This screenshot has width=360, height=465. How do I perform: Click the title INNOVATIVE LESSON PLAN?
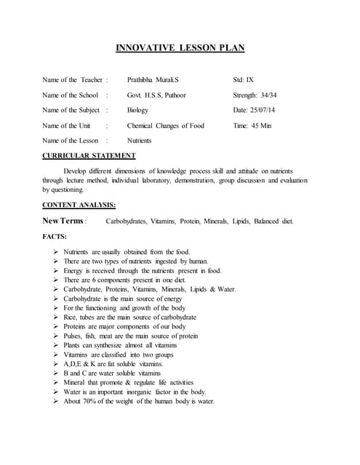click(x=180, y=49)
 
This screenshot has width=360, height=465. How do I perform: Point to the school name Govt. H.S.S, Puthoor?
click(x=156, y=94)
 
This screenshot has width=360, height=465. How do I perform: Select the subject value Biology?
click(x=137, y=110)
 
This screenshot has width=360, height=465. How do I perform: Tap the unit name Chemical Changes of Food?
click(x=166, y=125)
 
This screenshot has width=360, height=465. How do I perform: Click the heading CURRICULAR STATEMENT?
click(x=89, y=155)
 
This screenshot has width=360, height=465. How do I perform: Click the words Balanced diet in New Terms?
click(x=276, y=220)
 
